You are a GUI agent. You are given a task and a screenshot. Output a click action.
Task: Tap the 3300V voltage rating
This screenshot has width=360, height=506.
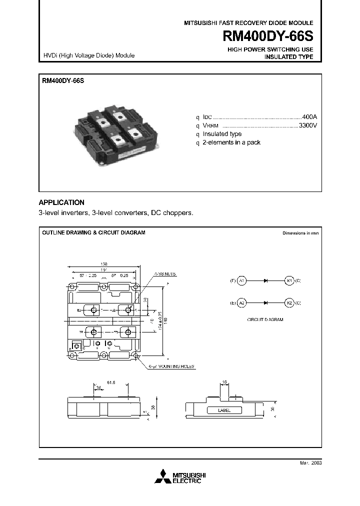307,125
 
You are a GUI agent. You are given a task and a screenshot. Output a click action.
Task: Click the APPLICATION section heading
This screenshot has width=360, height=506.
61,202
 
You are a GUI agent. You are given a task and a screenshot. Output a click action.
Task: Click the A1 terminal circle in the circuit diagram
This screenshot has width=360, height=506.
241,280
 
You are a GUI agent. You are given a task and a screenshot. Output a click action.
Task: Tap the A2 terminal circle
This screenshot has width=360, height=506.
241,303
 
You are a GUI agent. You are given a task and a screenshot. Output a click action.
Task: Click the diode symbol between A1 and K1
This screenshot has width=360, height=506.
265,280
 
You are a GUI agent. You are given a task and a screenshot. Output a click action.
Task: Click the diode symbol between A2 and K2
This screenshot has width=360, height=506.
265,303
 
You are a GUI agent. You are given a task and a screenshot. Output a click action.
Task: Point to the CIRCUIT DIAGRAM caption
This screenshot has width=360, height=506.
265,319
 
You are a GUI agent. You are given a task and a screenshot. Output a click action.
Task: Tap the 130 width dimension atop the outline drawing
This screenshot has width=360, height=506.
104,264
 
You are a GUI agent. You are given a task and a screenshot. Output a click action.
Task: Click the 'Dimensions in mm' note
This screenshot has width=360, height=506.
300,233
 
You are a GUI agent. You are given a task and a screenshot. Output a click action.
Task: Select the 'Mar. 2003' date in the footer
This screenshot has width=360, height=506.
310,463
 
